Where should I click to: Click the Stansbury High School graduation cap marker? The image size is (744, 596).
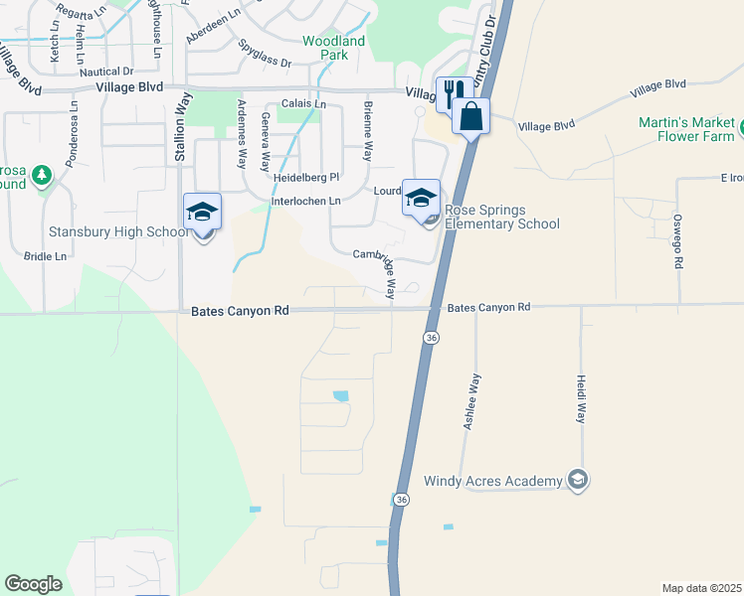[202, 213]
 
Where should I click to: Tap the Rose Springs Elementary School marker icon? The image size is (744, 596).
[421, 197]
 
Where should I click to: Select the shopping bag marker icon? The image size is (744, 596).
[470, 117]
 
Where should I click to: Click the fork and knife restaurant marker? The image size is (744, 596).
[455, 94]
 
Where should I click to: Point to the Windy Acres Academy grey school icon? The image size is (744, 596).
[576, 481]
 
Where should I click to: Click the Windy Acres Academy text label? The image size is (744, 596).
[492, 482]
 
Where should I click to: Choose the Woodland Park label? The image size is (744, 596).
[334, 48]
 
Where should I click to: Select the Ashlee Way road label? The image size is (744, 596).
[472, 400]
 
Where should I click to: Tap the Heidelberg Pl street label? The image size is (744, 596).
[307, 177]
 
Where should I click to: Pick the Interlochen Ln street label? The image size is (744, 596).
[306, 201]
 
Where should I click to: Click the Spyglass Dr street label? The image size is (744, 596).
[265, 54]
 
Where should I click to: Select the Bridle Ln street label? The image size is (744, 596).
[47, 256]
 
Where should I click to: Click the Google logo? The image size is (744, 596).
[33, 584]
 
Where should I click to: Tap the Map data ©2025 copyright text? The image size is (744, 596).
[700, 588]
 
